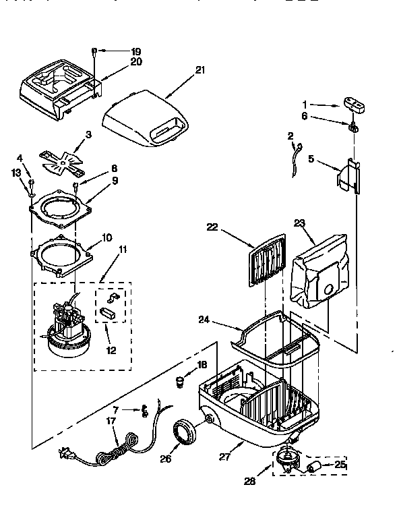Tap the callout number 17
[112, 422]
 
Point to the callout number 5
[311, 159]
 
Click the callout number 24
[203, 321]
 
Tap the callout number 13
[16, 173]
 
